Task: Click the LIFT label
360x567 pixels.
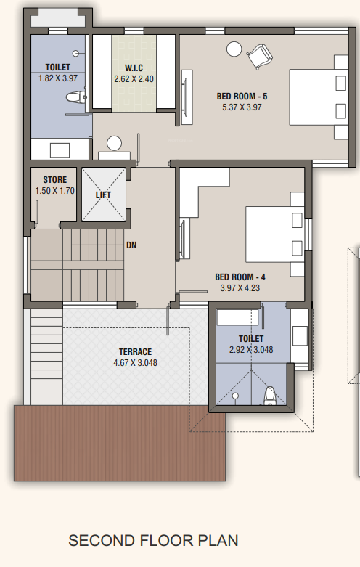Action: pyautogui.click(x=102, y=195)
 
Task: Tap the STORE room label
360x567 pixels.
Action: pyautogui.click(x=54, y=180)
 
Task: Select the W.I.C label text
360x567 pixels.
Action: pyautogui.click(x=134, y=68)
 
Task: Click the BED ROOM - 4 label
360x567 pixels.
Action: pyautogui.click(x=240, y=276)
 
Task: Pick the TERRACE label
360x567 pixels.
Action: pyautogui.click(x=135, y=352)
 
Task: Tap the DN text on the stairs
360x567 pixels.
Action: pyautogui.click(x=131, y=245)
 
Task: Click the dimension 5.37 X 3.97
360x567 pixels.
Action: pyautogui.click(x=242, y=107)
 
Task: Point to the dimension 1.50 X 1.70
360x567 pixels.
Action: pyautogui.click(x=54, y=191)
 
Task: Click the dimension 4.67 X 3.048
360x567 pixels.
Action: pyautogui.click(x=135, y=363)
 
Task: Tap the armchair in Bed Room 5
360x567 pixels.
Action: pyautogui.click(x=259, y=55)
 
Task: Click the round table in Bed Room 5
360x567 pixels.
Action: pyautogui.click(x=234, y=49)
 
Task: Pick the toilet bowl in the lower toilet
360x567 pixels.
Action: pyautogui.click(x=269, y=394)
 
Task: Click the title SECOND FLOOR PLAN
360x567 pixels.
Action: pyautogui.click(x=153, y=541)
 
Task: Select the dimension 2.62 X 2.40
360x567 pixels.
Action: pyautogui.click(x=134, y=78)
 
